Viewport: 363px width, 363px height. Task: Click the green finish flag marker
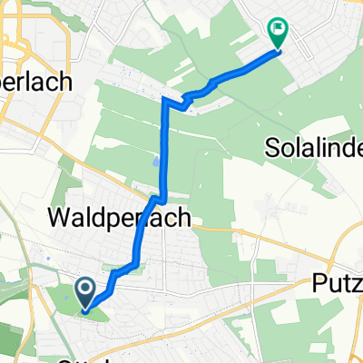click(x=278, y=34)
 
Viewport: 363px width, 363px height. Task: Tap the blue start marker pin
click(x=84, y=292)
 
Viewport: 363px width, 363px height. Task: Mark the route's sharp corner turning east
click(x=165, y=99)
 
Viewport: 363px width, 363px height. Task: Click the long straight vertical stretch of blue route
click(x=165, y=145)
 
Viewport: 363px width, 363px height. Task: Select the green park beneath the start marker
click(x=91, y=313)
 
